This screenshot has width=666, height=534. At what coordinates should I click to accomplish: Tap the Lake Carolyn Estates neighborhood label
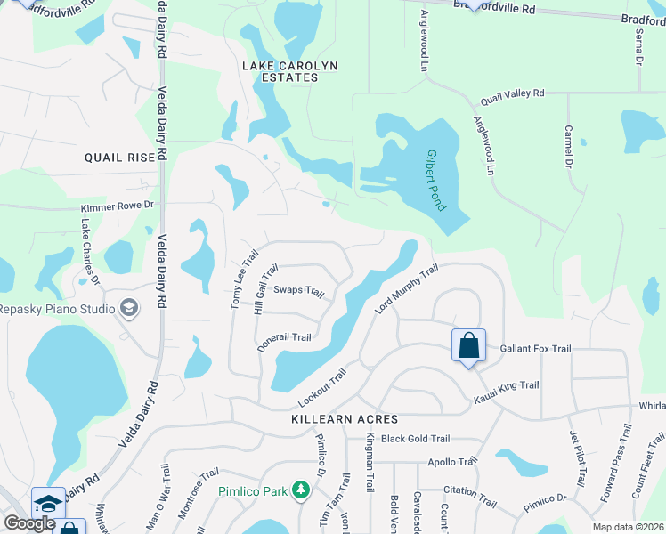tap(280, 71)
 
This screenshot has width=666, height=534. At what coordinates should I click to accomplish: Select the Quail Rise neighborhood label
tap(120, 157)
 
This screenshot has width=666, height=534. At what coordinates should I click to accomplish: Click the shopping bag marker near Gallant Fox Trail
tap(468, 346)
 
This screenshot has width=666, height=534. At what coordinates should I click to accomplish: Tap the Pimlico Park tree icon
tap(301, 490)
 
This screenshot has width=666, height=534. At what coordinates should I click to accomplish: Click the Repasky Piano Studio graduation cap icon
tap(129, 309)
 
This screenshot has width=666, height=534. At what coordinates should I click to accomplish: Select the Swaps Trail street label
tap(298, 290)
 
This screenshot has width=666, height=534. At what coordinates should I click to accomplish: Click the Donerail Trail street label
tap(284, 343)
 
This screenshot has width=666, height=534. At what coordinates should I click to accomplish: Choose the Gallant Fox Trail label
tap(535, 349)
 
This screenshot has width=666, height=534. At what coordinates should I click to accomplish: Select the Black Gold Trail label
tap(415, 439)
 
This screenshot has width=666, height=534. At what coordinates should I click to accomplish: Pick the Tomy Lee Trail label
tap(238, 279)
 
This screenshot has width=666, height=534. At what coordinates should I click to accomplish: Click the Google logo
tap(29, 523)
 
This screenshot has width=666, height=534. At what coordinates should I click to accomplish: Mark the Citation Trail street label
tap(469, 497)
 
